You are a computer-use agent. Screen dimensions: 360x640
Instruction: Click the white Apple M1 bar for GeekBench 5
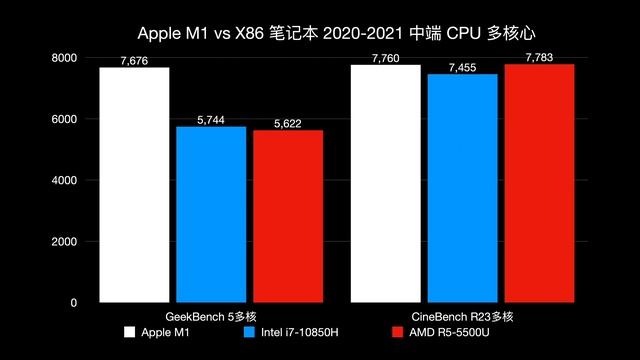pos(134,185)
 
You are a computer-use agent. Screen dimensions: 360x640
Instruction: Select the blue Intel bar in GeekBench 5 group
pos(210,214)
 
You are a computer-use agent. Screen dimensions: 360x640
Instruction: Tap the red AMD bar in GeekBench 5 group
pos(287,216)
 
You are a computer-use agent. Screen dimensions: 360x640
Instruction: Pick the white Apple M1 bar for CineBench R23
pos(385,183)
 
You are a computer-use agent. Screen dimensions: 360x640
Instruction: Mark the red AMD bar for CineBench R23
pos(539,183)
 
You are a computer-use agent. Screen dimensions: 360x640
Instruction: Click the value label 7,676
pos(134,61)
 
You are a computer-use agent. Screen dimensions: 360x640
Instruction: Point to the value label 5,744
pos(210,120)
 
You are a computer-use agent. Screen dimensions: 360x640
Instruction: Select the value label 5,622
pos(287,124)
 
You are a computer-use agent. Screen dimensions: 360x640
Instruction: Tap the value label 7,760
pos(385,58)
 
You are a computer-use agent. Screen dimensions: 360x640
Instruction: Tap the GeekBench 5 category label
pos(210,316)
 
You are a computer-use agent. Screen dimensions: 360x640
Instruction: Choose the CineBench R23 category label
pos(462,316)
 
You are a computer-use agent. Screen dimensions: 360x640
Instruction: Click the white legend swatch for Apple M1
pos(129,332)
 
